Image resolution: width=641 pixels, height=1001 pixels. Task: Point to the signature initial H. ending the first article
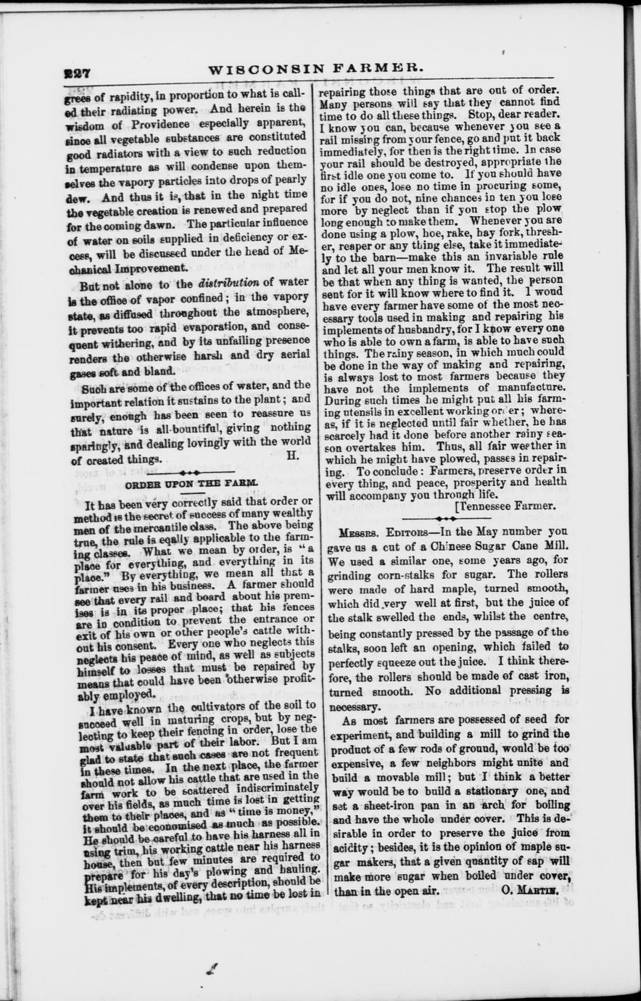click(293, 456)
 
